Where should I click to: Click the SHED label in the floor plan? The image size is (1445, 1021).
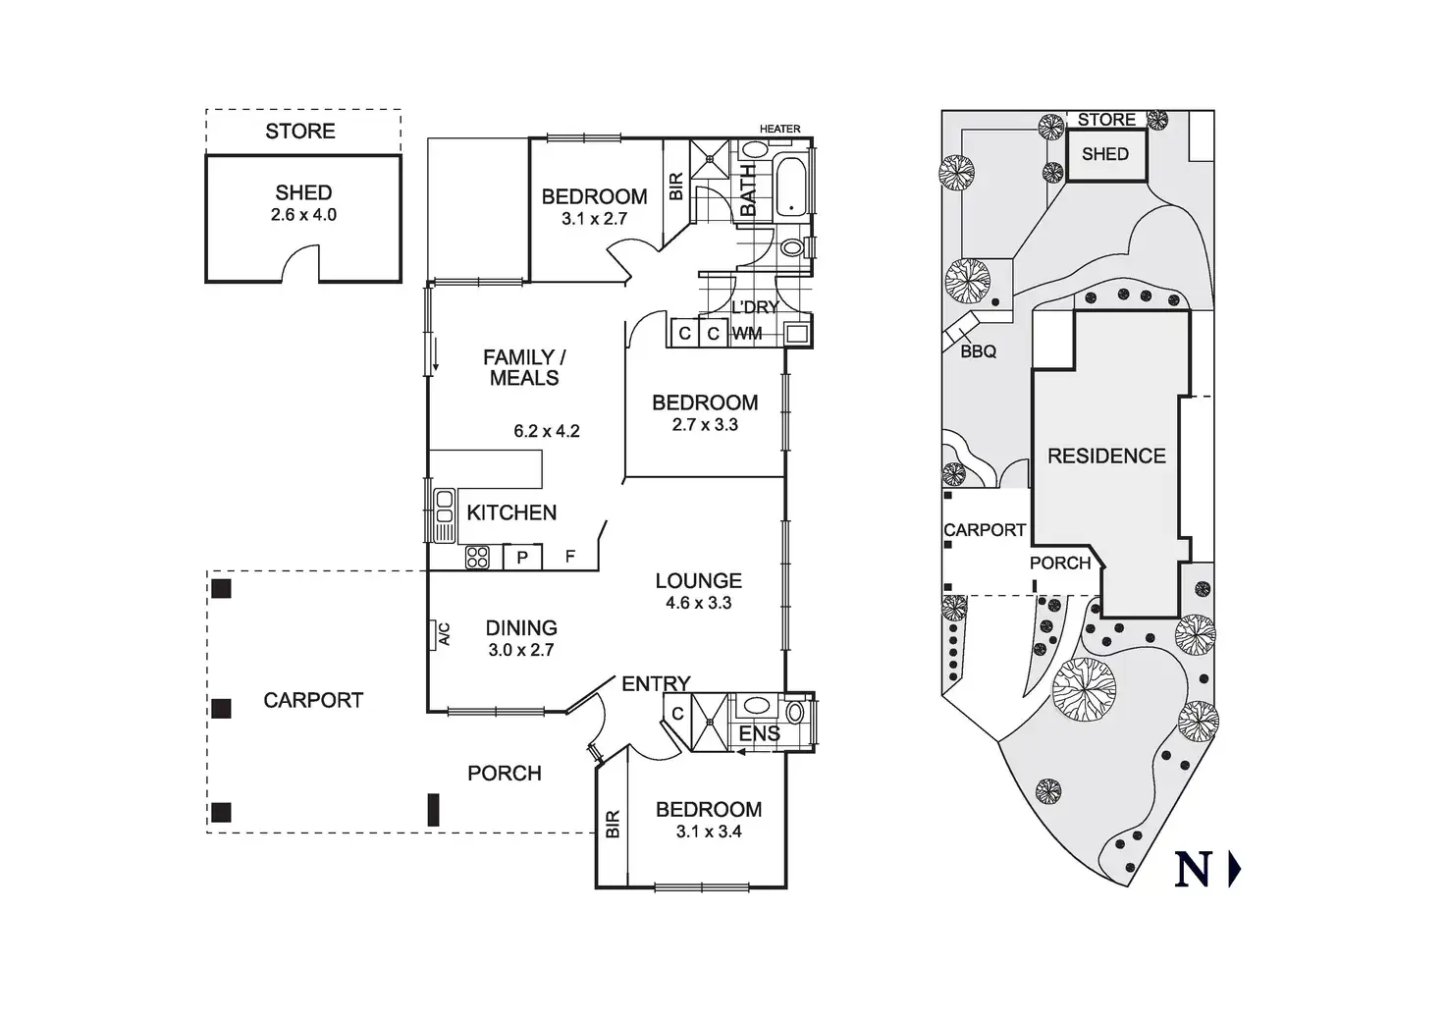click(x=303, y=192)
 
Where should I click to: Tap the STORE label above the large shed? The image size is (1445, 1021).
click(x=300, y=131)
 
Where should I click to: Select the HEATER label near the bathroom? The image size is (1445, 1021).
click(x=780, y=129)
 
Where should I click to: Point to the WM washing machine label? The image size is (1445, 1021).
click(x=747, y=334)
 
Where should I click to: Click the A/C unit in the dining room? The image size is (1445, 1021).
click(x=438, y=634)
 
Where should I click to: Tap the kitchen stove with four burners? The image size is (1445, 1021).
click(x=477, y=558)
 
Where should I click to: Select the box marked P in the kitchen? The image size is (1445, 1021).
click(x=522, y=558)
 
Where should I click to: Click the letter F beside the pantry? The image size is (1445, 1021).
click(x=570, y=558)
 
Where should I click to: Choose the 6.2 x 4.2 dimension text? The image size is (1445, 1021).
click(x=547, y=430)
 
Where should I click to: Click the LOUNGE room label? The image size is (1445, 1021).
click(x=699, y=580)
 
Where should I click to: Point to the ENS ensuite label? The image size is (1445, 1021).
click(x=759, y=733)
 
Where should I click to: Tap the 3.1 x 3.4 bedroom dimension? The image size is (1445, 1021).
click(x=709, y=832)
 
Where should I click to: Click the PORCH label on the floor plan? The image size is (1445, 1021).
click(x=505, y=773)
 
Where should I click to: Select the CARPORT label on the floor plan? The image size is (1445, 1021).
click(x=313, y=700)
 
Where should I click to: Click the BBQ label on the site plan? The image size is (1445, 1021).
click(x=978, y=350)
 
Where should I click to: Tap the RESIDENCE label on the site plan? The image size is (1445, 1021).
click(x=1106, y=456)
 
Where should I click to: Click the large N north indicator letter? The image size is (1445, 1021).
click(x=1194, y=870)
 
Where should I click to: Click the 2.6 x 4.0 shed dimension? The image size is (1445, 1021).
click(x=303, y=214)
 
